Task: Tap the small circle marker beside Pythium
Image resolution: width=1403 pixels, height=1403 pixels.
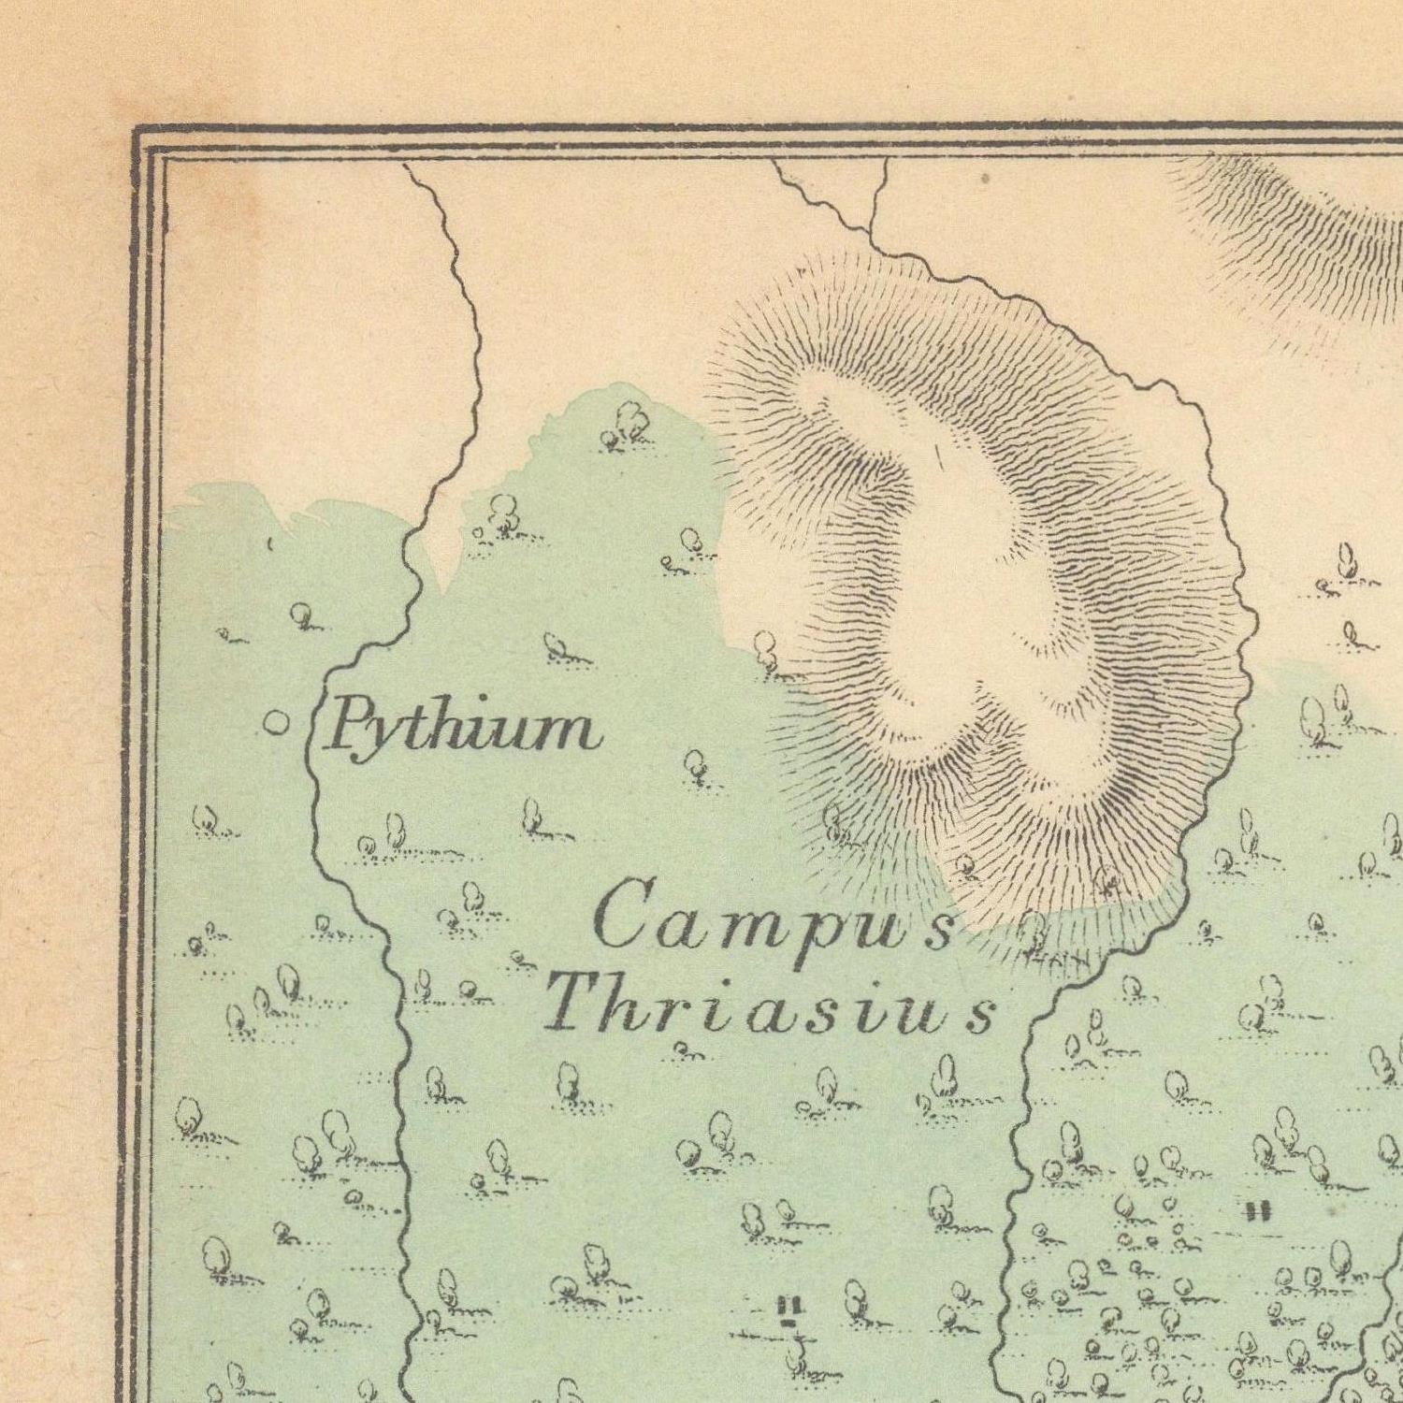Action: (275, 722)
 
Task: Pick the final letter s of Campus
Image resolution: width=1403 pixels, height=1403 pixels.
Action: (941, 933)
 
